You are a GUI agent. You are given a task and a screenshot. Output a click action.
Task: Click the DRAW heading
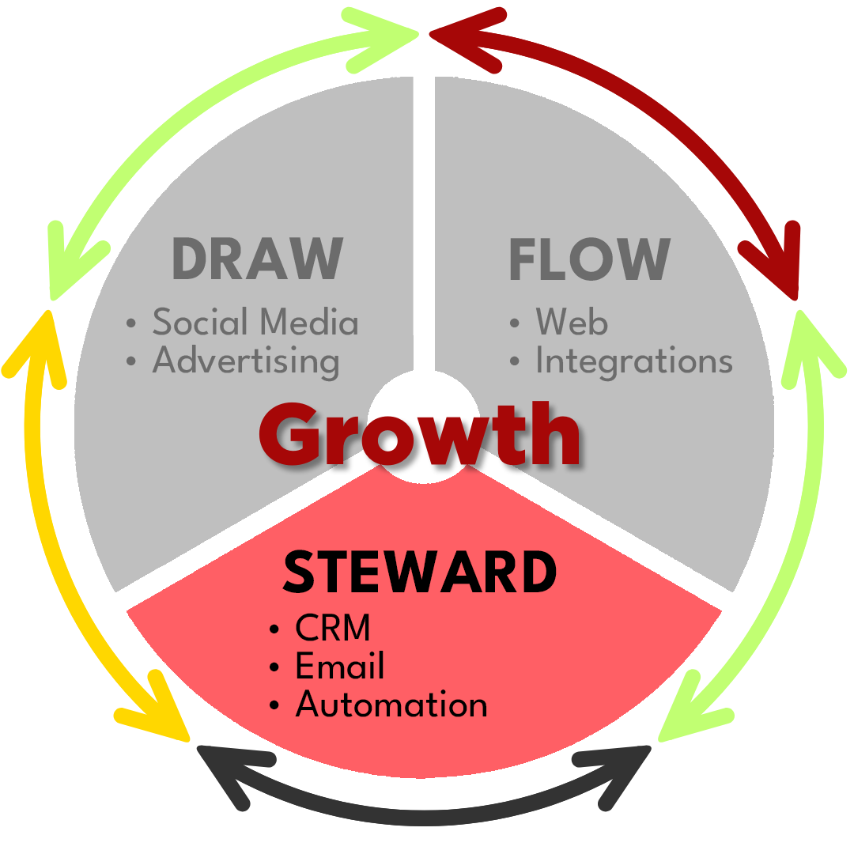258,259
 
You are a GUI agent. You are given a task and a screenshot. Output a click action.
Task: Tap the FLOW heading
589,259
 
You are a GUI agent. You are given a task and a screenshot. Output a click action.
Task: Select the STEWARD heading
420,572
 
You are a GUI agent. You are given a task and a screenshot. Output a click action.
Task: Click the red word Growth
420,435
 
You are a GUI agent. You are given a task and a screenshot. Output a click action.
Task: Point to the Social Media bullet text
255,322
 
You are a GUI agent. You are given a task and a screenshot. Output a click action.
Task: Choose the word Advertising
246,361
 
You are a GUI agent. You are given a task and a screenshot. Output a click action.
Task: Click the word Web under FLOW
572,322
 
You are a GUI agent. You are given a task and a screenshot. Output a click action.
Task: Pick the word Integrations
634,361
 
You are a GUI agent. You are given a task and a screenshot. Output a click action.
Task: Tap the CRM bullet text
332,629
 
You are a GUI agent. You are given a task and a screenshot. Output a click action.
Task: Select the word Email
339,666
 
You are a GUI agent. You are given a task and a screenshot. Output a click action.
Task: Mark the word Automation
391,704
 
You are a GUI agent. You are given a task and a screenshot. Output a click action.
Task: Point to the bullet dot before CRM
274,630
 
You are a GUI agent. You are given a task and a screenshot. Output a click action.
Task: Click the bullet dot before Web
516,323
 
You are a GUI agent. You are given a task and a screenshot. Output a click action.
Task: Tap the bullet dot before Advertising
132,362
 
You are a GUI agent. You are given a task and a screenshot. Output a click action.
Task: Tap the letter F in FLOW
523,259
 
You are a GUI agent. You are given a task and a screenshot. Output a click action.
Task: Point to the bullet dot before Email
274,667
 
